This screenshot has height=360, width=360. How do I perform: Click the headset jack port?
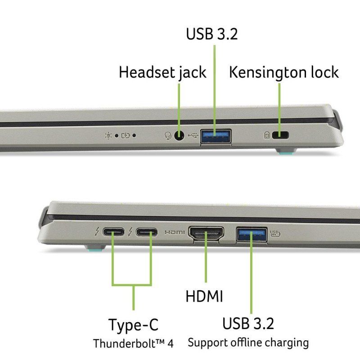click(179, 135)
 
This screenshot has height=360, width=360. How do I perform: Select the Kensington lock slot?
click(280, 135)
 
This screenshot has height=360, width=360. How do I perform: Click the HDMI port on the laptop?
click(206, 233)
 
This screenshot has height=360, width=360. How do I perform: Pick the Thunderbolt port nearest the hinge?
click(113, 232)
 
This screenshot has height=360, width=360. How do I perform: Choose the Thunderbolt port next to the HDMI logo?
click(147, 232)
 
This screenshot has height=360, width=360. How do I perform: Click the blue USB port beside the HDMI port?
click(252, 234)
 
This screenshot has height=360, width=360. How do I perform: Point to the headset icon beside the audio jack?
click(168, 135)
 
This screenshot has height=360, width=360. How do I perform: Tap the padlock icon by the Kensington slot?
click(267, 135)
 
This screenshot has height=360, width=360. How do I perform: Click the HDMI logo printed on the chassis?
click(175, 232)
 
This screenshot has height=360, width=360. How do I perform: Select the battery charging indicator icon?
click(126, 136)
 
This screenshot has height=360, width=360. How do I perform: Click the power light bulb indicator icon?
click(108, 136)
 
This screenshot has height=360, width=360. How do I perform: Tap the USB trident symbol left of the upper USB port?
click(193, 135)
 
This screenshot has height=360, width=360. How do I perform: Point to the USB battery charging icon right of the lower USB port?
click(275, 234)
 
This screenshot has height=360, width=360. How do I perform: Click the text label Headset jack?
click(162, 72)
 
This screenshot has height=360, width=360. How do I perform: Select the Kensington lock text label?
click(284, 72)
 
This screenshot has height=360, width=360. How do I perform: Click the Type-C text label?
click(133, 324)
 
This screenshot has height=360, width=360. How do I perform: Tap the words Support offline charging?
click(248, 343)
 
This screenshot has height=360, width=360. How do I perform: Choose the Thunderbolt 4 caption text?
click(133, 344)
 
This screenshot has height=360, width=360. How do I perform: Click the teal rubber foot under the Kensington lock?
click(287, 152)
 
